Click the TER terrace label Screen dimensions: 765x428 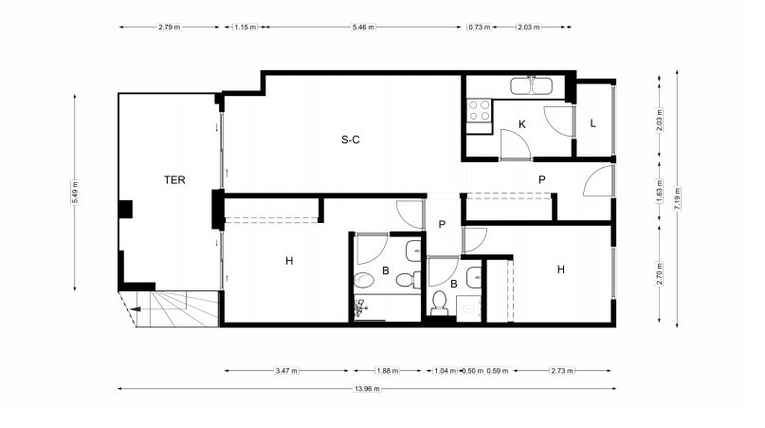(174, 180)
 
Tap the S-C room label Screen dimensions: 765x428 (351, 140)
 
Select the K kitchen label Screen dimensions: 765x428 (522, 124)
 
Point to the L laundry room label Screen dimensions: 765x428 (592, 123)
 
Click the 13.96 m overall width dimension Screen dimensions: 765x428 (367, 389)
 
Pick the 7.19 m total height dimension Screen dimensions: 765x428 (677, 199)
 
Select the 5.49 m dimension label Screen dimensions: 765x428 (75, 193)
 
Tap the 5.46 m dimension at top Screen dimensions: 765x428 (363, 28)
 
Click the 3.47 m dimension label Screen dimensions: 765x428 (286, 371)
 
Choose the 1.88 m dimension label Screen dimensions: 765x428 (388, 371)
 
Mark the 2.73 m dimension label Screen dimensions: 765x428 (562, 371)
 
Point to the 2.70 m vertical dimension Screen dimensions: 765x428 (660, 274)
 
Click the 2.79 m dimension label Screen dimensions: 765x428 (170, 28)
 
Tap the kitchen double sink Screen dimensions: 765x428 (531, 86)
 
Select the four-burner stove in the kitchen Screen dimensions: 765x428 (479, 110)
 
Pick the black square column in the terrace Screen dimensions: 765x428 (125, 209)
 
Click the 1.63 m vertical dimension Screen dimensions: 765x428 (660, 191)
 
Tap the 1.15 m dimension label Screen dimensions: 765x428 (246, 28)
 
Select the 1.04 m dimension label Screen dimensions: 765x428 (445, 371)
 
